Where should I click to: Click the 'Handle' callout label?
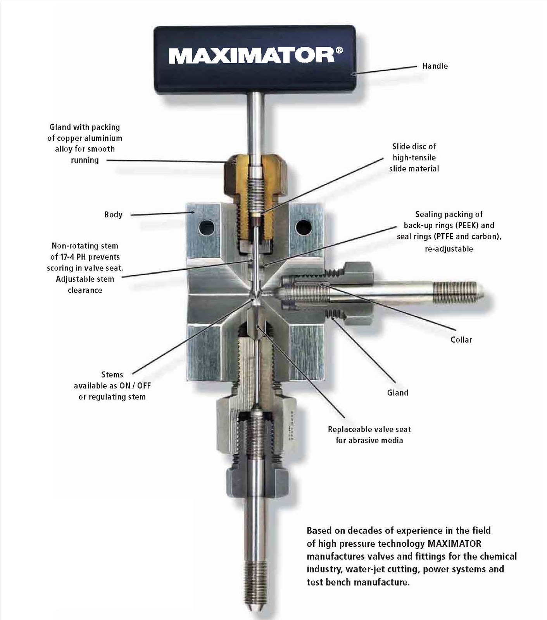435,66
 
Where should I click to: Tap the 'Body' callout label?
113,215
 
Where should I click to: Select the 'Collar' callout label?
461,340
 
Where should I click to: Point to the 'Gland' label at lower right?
398,393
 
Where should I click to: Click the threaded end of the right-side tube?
457,289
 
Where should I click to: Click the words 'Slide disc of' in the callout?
414,146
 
